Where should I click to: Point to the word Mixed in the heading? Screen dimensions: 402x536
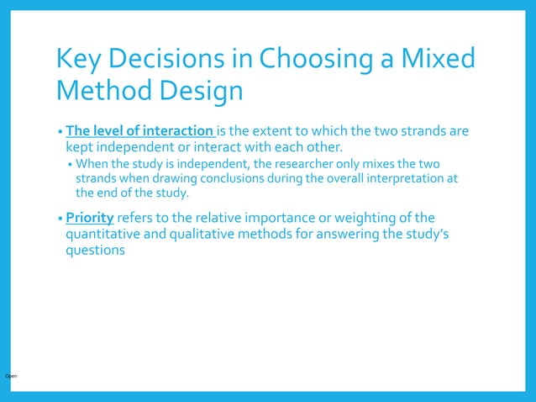coord(439,59)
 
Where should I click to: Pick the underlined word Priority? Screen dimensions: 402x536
coord(90,218)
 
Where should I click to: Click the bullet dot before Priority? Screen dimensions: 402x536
coord(60,219)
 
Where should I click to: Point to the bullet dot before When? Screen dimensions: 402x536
coord(71,163)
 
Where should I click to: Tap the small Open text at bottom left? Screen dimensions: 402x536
coord(11,375)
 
